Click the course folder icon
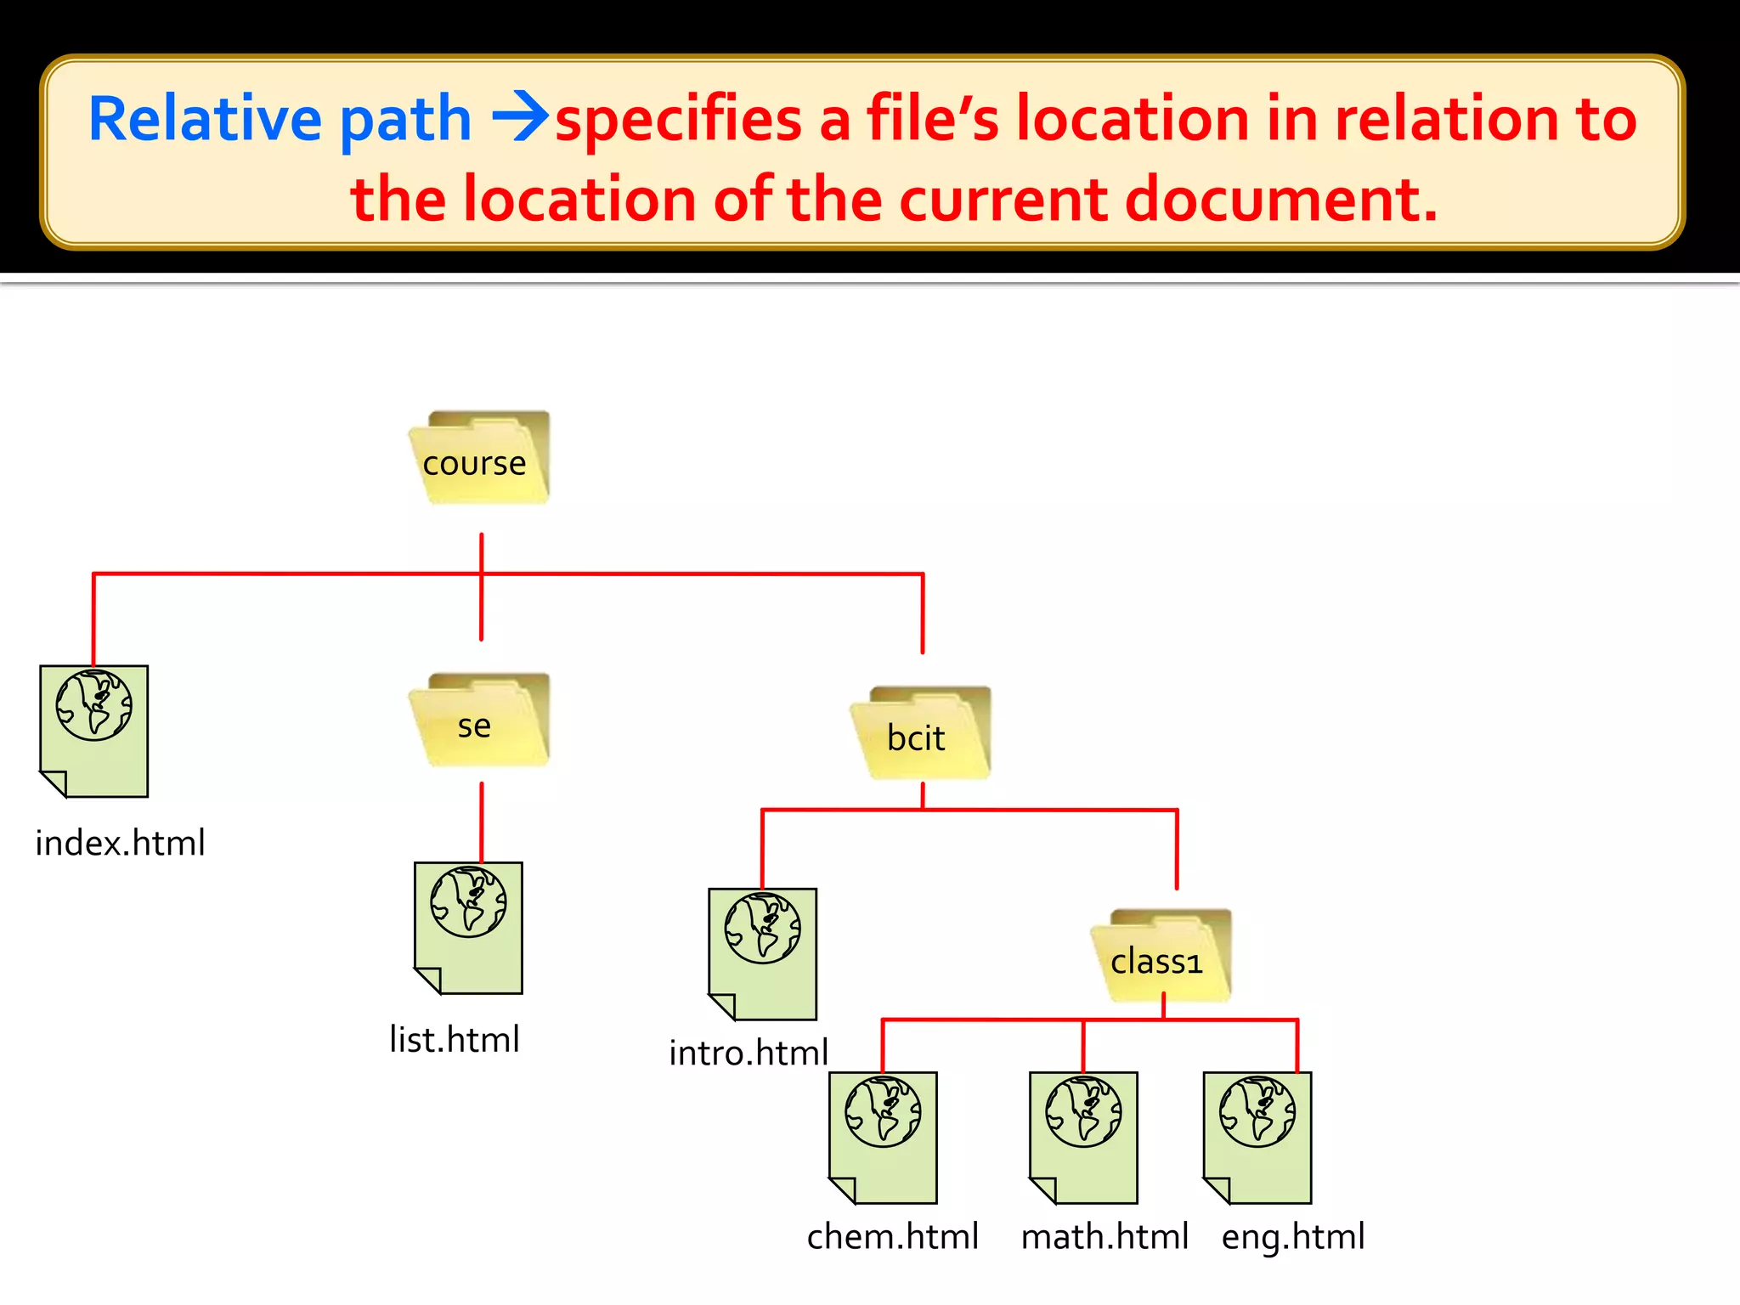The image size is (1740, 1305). coord(480,458)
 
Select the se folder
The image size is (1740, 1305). coord(480,720)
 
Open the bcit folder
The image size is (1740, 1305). coord(921,733)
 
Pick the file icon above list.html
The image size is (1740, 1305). coord(468,928)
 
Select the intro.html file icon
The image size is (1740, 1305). coord(763,954)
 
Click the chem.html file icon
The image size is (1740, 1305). coord(884,1138)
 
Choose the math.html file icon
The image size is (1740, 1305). coord(1083,1138)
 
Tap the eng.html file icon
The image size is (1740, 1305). coord(1257,1138)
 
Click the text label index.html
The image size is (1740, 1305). coord(120,843)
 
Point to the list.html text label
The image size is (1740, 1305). coord(455,1039)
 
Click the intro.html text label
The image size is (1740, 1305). coord(749,1053)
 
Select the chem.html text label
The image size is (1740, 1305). coord(893,1236)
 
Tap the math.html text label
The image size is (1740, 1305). coord(1104,1236)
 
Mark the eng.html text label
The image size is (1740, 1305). coord(1293,1236)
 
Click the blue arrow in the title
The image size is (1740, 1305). coord(520,118)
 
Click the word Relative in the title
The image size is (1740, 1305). coord(205,118)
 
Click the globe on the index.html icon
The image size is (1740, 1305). coord(94,705)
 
